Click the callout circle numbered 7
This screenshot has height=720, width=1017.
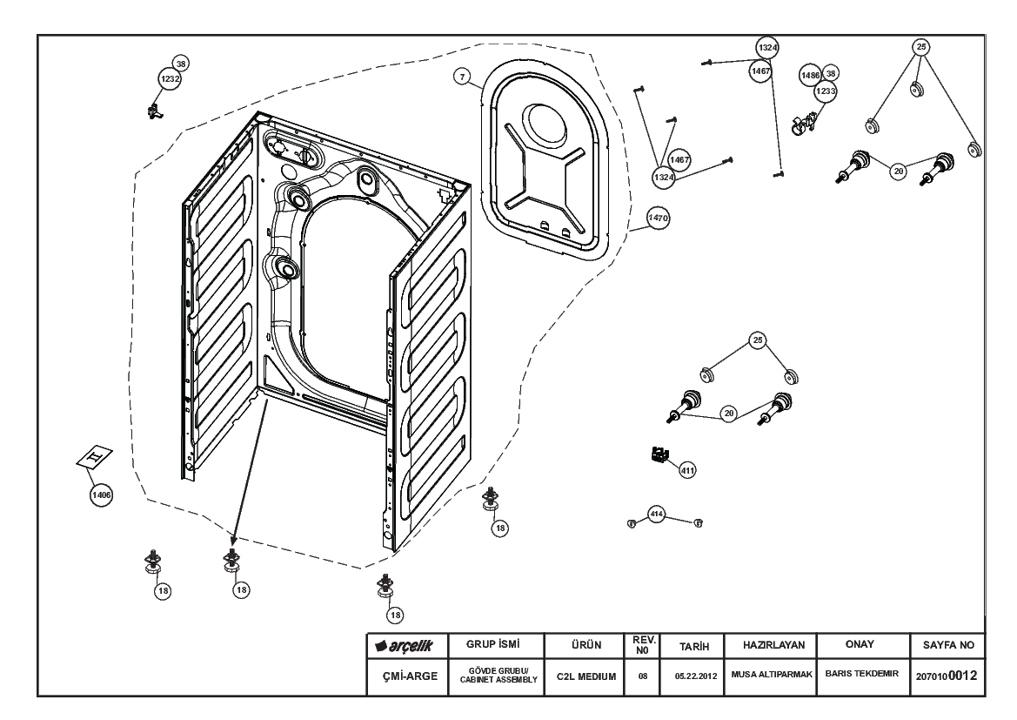click(463, 77)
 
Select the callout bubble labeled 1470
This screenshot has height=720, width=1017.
click(657, 220)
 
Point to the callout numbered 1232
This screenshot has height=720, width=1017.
click(169, 79)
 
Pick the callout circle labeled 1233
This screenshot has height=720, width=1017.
click(825, 90)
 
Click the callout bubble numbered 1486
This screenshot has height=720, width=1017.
click(810, 76)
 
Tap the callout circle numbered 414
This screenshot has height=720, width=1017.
click(657, 515)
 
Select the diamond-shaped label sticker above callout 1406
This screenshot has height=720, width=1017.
click(96, 458)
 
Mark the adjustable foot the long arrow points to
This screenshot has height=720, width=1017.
click(232, 562)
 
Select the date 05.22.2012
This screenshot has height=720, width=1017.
click(693, 676)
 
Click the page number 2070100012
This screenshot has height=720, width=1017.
click(947, 676)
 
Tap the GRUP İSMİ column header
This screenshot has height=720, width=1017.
click(494, 646)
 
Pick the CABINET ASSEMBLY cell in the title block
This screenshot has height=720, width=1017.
click(494, 676)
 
